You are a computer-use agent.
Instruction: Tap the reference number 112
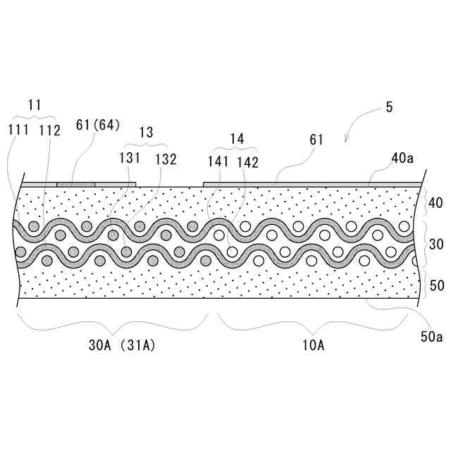click(49, 130)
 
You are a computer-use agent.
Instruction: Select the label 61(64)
click(98, 125)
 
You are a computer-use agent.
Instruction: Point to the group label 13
click(146, 132)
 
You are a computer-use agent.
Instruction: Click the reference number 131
click(128, 159)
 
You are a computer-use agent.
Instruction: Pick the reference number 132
click(165, 159)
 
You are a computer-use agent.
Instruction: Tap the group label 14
click(237, 139)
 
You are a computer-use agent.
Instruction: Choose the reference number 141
click(218, 162)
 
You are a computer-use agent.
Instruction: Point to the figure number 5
click(389, 108)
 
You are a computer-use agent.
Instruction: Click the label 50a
click(431, 337)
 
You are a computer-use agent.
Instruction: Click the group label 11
click(35, 105)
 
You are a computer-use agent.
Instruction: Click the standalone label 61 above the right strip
click(315, 140)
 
